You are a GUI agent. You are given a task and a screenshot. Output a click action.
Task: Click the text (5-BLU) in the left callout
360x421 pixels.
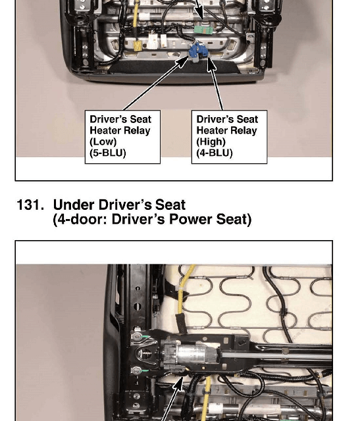[108, 153]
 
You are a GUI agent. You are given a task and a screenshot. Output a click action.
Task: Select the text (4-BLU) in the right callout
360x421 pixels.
[215, 153]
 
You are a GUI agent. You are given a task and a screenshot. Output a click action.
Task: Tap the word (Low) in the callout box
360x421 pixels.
[103, 142]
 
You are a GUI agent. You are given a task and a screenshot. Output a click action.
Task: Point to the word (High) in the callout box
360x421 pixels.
[211, 142]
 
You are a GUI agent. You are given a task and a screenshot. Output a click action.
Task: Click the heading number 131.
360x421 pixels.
[30, 205]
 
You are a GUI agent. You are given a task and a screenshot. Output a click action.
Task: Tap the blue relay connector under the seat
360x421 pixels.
[197, 51]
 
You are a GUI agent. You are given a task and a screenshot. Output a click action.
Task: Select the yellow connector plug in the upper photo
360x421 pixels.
[138, 45]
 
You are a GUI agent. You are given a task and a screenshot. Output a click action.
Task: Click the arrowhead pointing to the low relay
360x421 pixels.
[182, 61]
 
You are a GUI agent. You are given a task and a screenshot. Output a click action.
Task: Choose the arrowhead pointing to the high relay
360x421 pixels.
[211, 64]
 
